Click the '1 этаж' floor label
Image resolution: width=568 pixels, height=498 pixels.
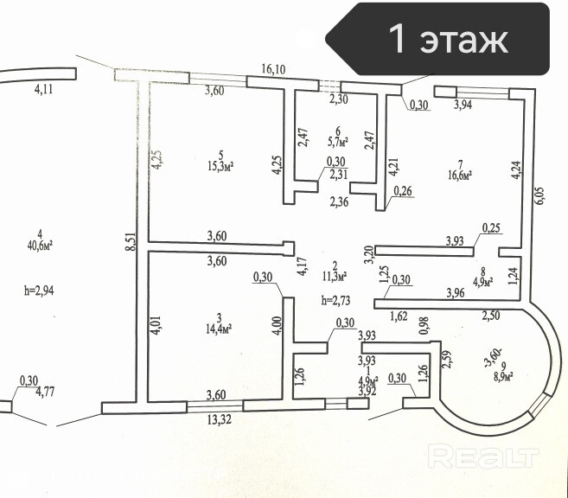(x=449, y=39)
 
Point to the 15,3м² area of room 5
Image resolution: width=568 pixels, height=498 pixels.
(x=221, y=166)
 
